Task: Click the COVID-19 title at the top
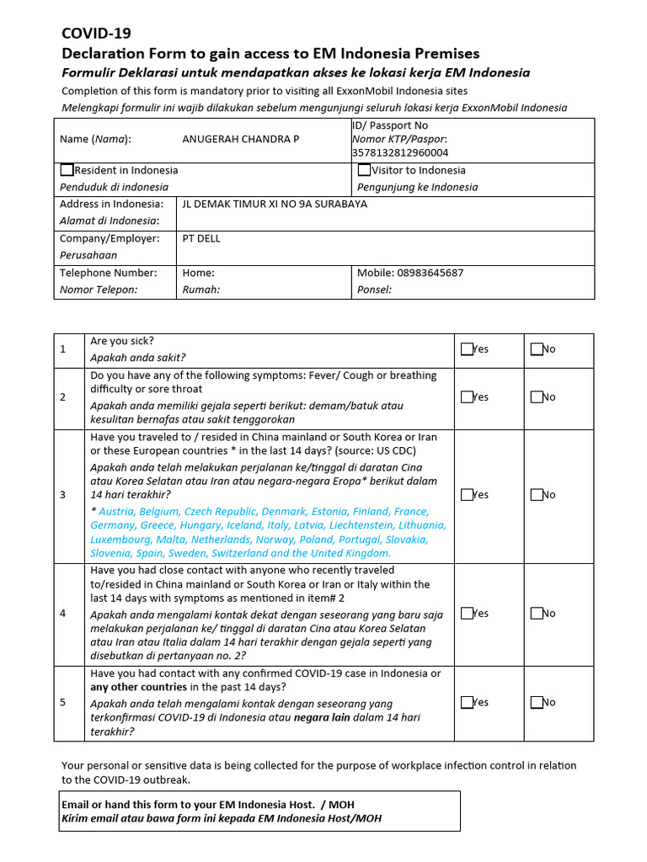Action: [96, 34]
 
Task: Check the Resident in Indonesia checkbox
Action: [67, 170]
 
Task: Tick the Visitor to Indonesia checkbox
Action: [364, 170]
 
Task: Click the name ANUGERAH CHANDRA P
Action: [240, 139]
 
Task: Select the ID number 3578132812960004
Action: [399, 153]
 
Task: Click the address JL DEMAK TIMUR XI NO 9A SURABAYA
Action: [275, 205]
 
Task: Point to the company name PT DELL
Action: [201, 239]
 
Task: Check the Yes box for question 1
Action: [467, 349]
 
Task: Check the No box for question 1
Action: [537, 349]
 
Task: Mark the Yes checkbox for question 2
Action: [467, 397]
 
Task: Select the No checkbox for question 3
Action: [537, 495]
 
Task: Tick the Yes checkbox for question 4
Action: [467, 614]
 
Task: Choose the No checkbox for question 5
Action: [537, 702]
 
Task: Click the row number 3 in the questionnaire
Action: [63, 495]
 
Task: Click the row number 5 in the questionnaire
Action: [63, 702]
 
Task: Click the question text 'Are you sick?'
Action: [122, 342]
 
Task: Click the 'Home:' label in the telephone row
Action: [199, 274]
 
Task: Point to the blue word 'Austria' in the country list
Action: [117, 512]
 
